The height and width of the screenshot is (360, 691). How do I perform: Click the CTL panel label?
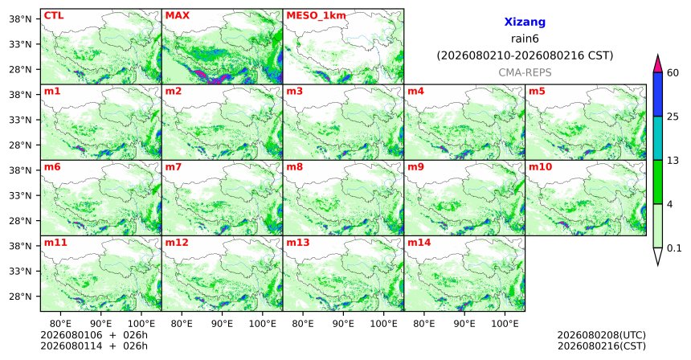click(54, 15)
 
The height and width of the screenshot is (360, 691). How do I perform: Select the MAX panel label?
click(177, 15)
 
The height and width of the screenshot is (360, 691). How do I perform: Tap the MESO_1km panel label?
click(316, 16)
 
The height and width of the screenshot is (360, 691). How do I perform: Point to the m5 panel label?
click(537, 92)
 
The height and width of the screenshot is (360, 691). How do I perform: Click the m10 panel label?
click(540, 167)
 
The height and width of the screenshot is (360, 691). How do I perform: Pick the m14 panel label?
click(419, 243)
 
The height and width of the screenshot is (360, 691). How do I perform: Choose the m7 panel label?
click(174, 167)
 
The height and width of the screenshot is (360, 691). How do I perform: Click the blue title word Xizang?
click(525, 22)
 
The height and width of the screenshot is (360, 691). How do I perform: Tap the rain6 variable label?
click(525, 39)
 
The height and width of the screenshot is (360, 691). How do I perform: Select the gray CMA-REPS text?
click(525, 72)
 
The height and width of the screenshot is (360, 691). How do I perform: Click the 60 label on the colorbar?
click(673, 73)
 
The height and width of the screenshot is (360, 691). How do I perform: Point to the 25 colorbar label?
click(673, 117)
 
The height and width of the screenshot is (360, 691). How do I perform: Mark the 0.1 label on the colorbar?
click(674, 248)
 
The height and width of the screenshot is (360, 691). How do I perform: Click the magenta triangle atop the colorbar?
click(658, 64)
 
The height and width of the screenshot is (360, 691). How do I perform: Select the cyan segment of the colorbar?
click(658, 138)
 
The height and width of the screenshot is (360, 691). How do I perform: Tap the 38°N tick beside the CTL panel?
click(20, 19)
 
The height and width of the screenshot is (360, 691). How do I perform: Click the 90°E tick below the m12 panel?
click(222, 324)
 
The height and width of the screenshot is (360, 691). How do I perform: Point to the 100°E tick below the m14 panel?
click(505, 324)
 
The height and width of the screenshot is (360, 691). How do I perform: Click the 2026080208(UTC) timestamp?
click(602, 336)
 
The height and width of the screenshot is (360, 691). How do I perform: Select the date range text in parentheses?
click(525, 56)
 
